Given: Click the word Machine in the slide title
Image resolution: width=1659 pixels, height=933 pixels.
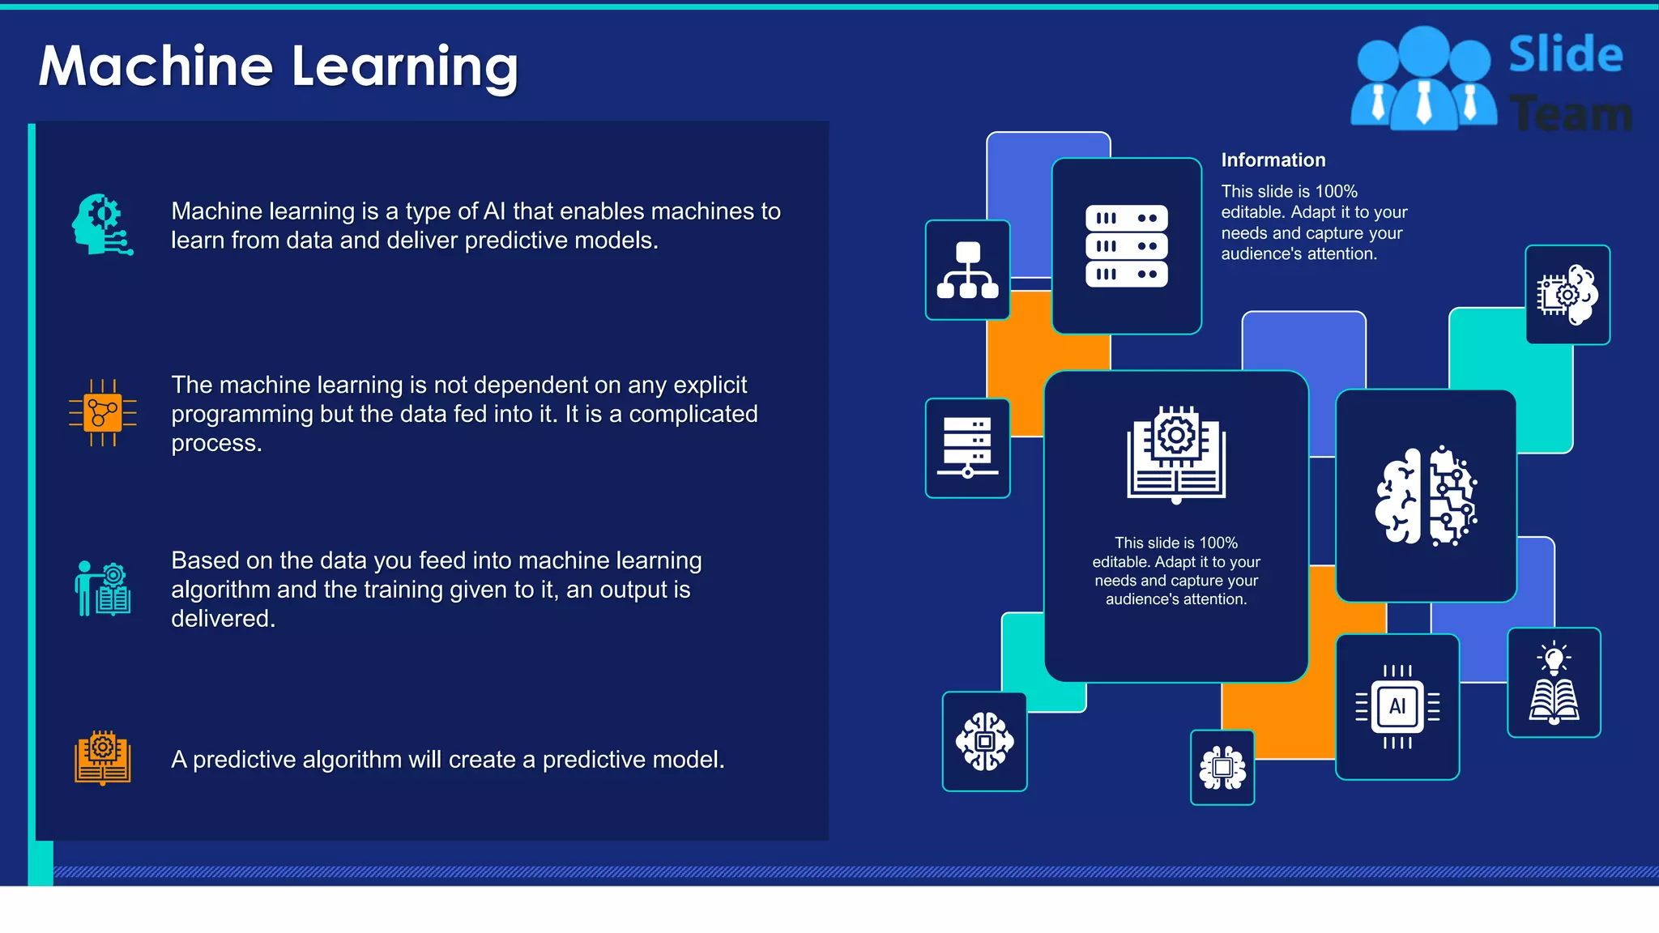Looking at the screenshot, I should coord(156,66).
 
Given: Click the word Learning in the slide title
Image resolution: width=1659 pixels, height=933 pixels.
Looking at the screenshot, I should coord(404,66).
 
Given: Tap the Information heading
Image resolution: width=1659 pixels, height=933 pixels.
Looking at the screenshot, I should coord(1273,160).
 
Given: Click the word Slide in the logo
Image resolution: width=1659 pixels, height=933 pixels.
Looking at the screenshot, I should coord(1565,55).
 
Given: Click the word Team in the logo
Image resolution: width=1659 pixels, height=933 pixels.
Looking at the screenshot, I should coord(1570,113).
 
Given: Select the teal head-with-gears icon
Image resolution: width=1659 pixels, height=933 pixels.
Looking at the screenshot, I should coord(100,224).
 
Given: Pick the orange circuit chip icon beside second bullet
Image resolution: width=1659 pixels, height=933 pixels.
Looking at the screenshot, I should coord(102,413).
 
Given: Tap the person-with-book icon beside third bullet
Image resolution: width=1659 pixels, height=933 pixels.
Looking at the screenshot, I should coord(103,589).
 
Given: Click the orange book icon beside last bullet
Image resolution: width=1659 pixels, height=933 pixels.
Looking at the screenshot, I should coord(103,758).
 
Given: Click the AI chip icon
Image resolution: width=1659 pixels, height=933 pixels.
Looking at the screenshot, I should coord(1397,706).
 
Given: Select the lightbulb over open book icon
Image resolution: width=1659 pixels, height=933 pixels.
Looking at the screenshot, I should coord(1553,683).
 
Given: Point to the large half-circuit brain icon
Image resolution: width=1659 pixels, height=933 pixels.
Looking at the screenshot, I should coord(1426,496).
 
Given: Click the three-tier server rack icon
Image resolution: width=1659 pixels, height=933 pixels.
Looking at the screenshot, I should coord(1126,246).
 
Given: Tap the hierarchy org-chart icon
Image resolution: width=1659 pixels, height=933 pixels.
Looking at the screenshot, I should coord(967,271).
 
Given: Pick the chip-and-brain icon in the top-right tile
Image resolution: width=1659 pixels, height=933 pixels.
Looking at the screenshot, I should coord(1567,295).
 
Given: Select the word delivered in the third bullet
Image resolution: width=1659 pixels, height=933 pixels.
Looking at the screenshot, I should coord(223,619).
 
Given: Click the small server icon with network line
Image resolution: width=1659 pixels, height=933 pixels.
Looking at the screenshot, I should coord(967,448).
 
